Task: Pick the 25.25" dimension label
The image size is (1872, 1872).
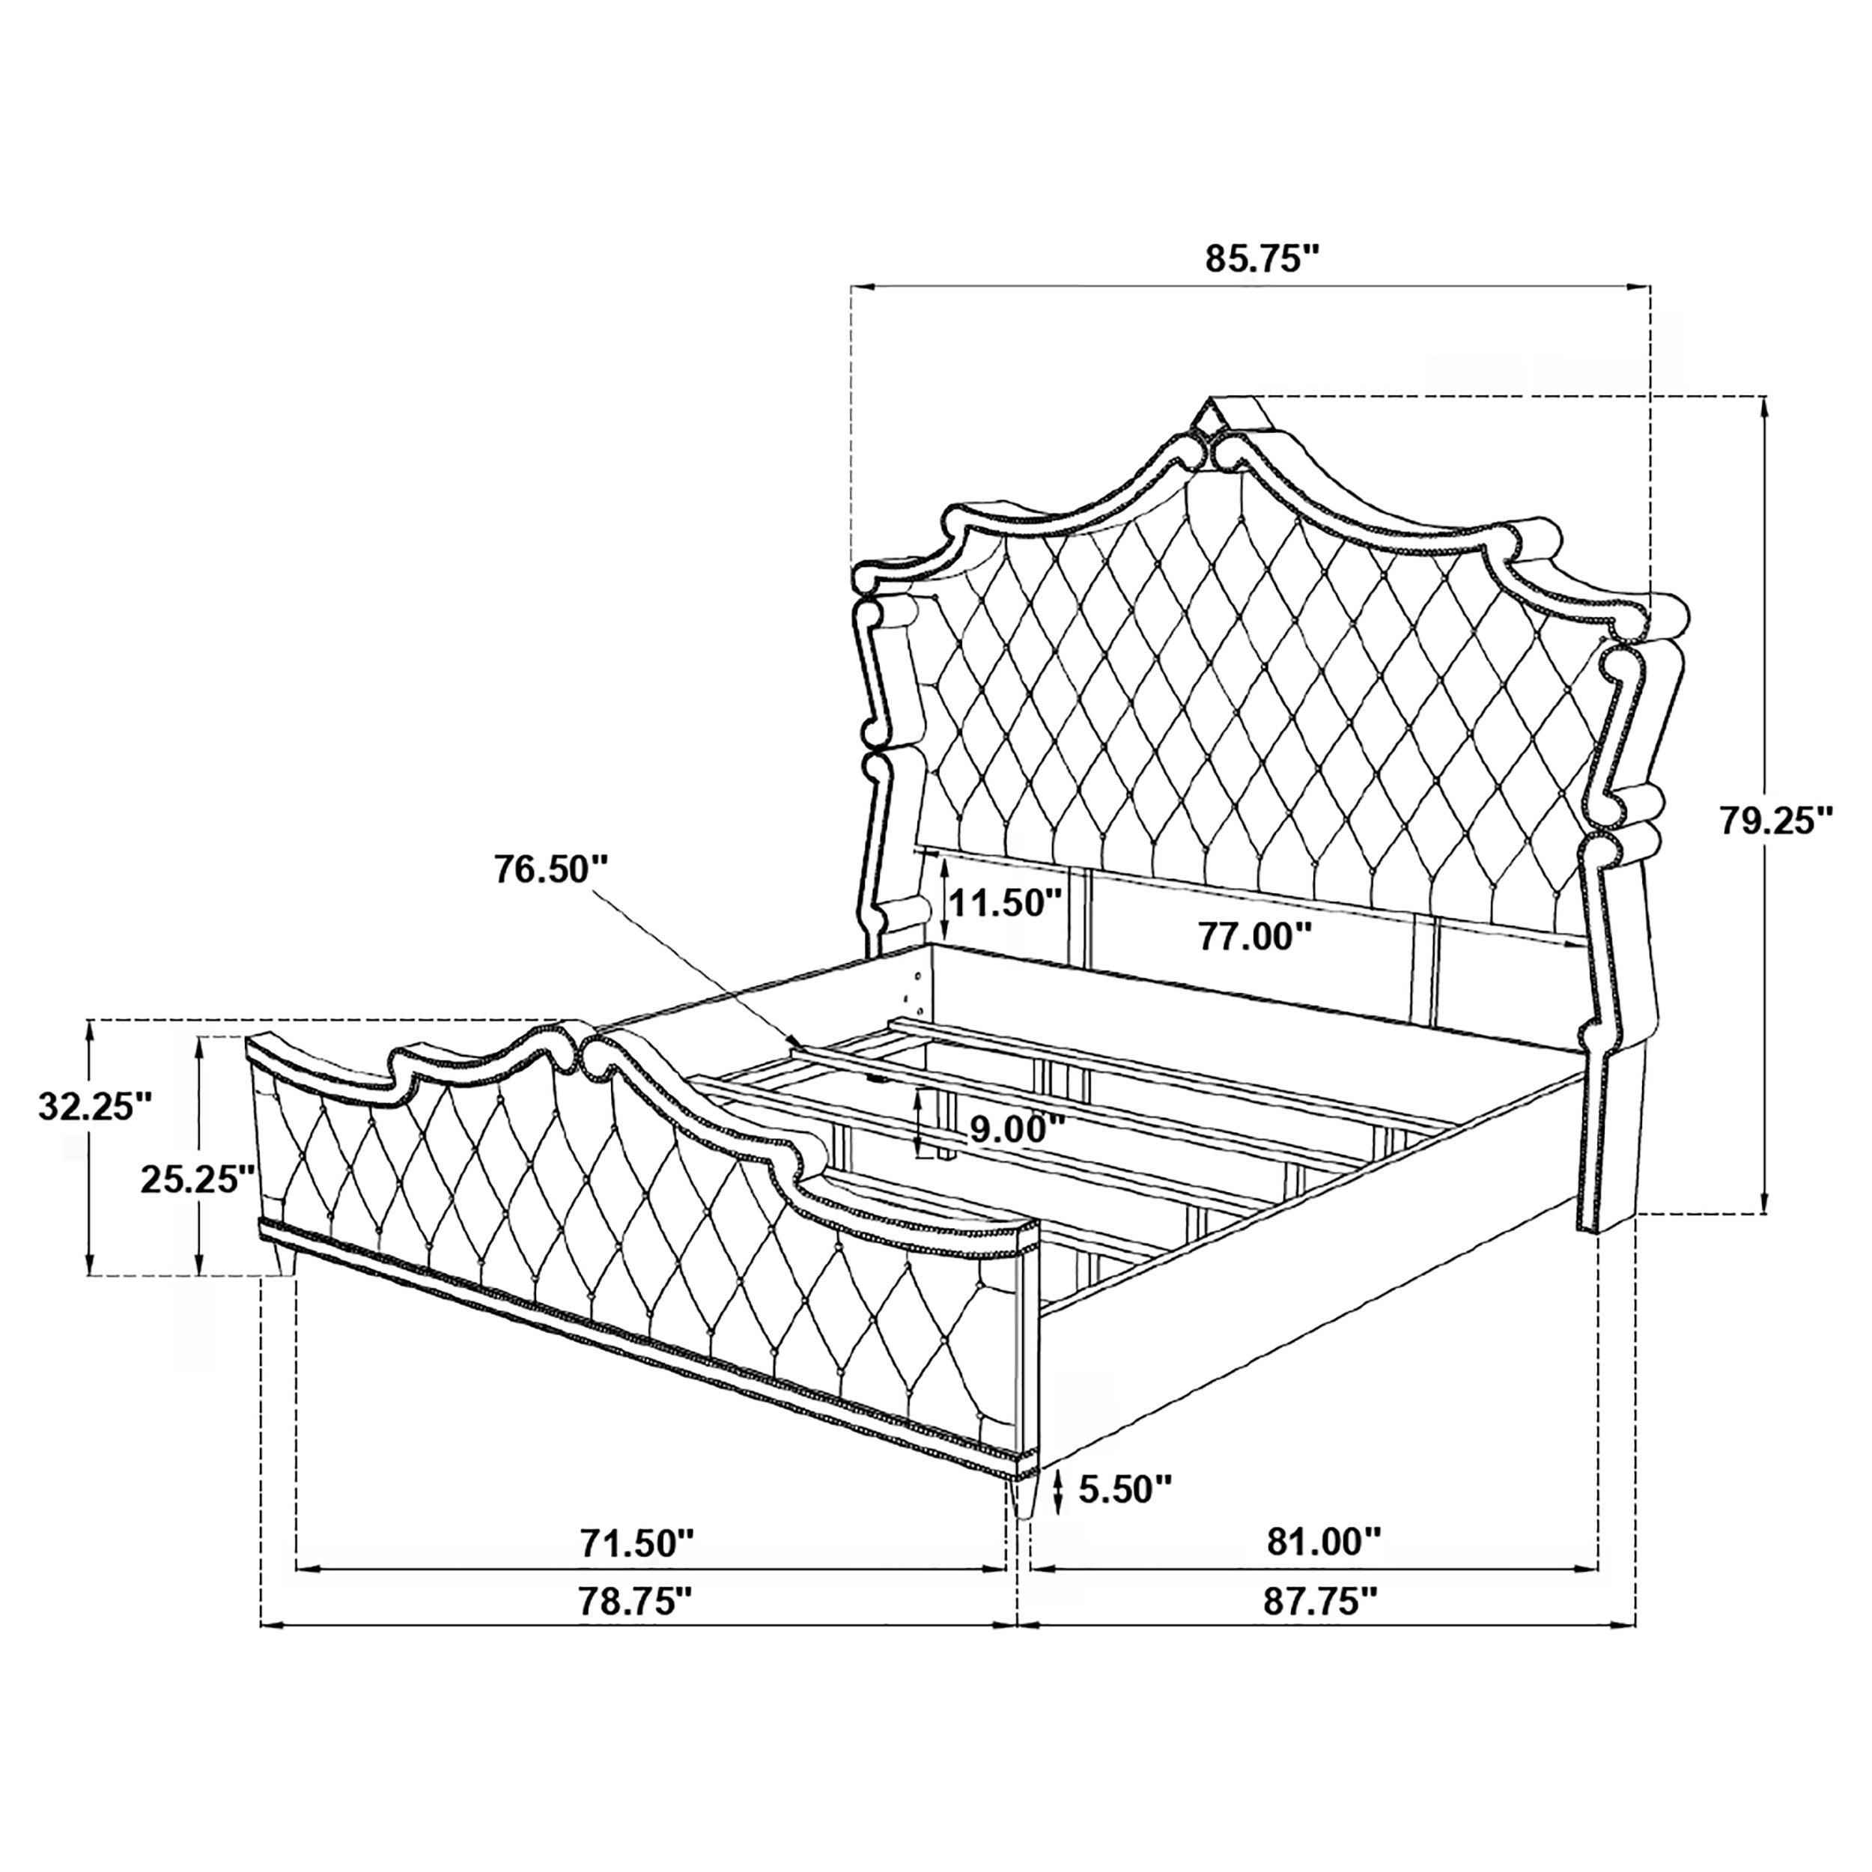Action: click(198, 1179)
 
